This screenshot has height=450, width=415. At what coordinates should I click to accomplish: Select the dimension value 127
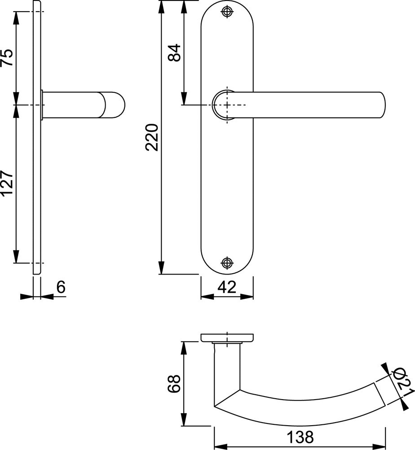[x=7, y=183]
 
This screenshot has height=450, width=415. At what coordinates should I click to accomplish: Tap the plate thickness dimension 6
[x=61, y=287]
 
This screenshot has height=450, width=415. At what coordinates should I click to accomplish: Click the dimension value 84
[x=174, y=53]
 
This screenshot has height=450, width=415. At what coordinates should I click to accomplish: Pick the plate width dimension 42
[x=226, y=287]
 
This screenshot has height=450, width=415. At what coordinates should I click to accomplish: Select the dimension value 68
[x=174, y=383]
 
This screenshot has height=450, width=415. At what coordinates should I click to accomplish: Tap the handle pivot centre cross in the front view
[x=228, y=105]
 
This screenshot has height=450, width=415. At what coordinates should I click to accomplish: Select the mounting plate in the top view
[x=227, y=337]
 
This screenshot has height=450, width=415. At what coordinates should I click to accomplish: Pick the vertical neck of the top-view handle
[x=227, y=367]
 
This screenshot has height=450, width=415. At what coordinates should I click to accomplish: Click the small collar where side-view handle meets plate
[x=42, y=105]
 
